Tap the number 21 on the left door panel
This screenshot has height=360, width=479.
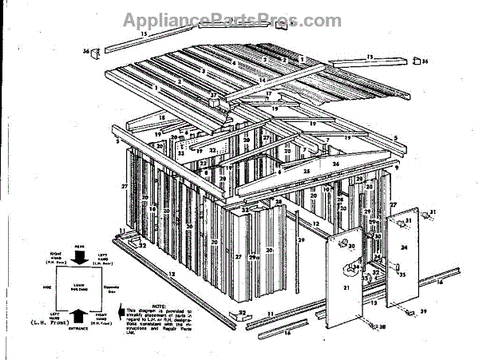(x=346, y=287)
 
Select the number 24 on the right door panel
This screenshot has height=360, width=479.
(x=404, y=248)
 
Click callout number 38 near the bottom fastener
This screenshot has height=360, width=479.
(x=382, y=327)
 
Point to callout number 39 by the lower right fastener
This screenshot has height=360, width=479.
(x=424, y=311)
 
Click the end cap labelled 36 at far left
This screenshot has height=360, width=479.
(x=94, y=53)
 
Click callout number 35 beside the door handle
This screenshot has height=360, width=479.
(x=403, y=274)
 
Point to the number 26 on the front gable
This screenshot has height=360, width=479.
(x=335, y=165)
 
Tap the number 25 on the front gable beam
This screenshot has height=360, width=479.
(x=306, y=172)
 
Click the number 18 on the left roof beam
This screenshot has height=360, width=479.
(x=160, y=117)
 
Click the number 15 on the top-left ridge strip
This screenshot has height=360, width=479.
(x=144, y=34)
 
